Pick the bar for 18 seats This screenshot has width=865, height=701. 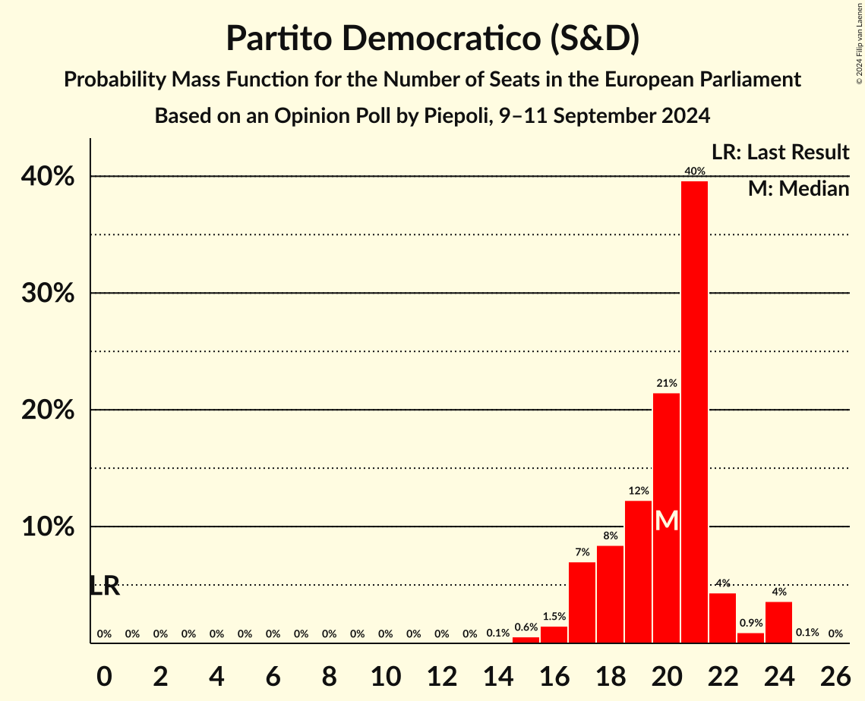610,594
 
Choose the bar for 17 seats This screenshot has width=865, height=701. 582,602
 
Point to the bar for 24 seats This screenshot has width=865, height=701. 778,622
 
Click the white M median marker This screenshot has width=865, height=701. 666,520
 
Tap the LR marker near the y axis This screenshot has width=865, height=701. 104,586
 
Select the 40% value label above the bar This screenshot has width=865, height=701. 694,171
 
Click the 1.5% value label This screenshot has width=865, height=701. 554,617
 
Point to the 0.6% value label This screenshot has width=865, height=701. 526,627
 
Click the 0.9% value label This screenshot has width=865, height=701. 750,623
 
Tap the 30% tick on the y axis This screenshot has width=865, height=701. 52,293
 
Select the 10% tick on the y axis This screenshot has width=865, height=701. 52,527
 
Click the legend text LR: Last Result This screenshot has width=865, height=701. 780,152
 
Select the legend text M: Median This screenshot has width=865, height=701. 798,189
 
